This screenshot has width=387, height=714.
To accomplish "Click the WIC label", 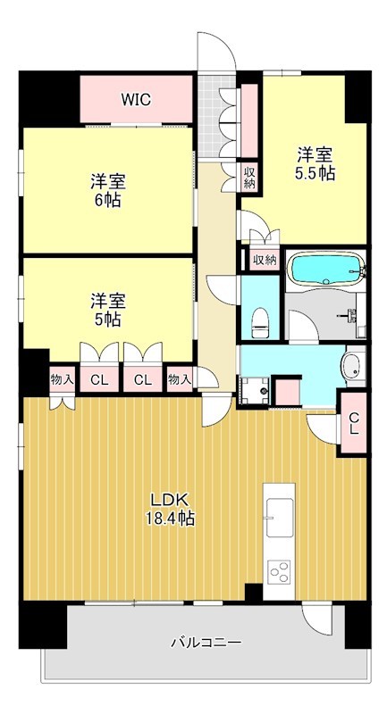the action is pyautogui.click(x=136, y=100).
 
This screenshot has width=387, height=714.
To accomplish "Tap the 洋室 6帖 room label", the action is pyautogui.click(x=108, y=191).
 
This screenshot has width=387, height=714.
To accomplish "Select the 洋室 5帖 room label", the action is pyautogui.click(x=108, y=310).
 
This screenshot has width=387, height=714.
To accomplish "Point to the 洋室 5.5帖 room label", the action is pyautogui.click(x=315, y=164).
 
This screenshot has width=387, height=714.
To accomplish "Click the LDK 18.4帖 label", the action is pyautogui.click(x=171, y=509).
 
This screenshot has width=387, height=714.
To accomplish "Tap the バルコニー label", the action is pyautogui.click(x=206, y=643).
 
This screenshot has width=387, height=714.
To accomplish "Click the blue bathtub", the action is pyautogui.click(x=326, y=269).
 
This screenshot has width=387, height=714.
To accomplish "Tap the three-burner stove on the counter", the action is pyautogui.click(x=279, y=571).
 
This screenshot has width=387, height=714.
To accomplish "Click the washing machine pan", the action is pyautogui.click(x=256, y=391).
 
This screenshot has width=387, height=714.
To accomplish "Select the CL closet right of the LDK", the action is pyautogui.click(x=353, y=423).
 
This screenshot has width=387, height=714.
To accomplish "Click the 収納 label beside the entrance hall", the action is pyautogui.click(x=249, y=178).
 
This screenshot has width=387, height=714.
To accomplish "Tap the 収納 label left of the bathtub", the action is pyautogui.click(x=265, y=260).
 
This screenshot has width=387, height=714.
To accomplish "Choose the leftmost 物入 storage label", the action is pyautogui.click(x=62, y=378).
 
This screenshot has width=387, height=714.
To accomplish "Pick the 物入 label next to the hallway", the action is pyautogui.click(x=180, y=378).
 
